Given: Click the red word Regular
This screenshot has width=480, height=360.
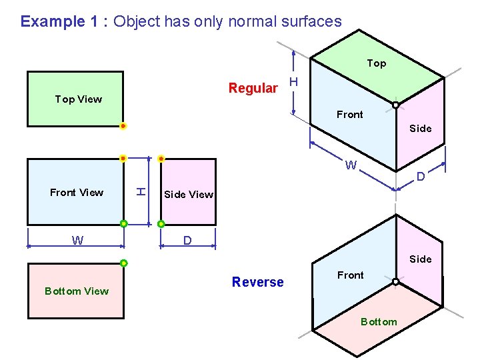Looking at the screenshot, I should tap(253, 88).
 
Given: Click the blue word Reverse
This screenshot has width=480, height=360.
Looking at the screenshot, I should tap(257, 282).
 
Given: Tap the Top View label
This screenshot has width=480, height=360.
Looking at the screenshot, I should tap(79, 99).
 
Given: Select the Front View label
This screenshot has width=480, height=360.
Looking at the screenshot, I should tap(77, 193).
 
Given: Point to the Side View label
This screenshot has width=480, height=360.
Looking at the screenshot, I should tap(189, 195).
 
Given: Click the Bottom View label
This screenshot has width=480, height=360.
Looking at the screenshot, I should tap(77, 291).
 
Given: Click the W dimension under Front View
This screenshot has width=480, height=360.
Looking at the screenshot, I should tap(77, 241).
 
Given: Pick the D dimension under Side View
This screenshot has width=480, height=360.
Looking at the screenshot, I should tap(188, 239).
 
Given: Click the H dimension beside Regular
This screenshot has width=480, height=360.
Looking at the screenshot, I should tap(294, 82).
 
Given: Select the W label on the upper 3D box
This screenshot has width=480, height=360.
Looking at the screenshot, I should tap(351, 165).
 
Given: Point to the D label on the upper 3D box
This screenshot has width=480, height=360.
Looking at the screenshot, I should tap(421, 177).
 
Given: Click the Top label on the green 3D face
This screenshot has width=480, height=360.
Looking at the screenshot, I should tap(376, 63).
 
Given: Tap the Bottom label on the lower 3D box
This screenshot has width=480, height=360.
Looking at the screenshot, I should tap(379, 322).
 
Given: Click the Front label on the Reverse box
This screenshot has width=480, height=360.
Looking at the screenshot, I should tap(350, 275).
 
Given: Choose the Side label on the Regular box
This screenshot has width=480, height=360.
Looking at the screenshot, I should tap(420, 128).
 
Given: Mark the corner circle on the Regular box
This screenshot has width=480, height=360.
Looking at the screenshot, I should tap(395, 105).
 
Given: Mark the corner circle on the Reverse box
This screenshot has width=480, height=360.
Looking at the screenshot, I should tap(395, 282).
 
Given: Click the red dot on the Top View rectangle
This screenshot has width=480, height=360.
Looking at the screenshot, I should tap(123, 125).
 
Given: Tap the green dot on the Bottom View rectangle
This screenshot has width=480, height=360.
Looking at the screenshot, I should tap(123, 263).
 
